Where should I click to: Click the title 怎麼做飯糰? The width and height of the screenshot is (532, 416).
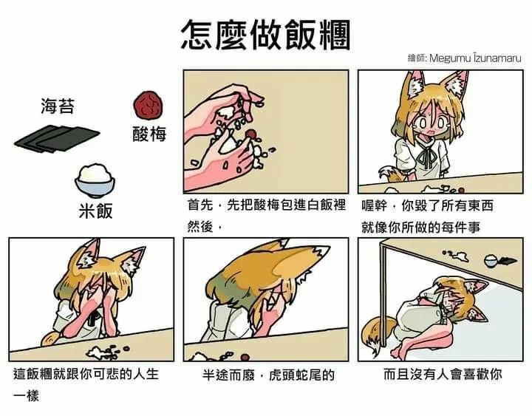click(265, 33)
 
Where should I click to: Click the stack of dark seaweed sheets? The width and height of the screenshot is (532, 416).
click(55, 137)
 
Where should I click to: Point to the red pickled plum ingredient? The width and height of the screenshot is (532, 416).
click(149, 106)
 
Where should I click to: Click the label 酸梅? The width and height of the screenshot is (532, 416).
click(149, 134)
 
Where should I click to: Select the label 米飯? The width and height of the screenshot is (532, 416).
click(96, 211)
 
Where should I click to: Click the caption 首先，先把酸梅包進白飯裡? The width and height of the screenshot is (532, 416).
click(267, 205)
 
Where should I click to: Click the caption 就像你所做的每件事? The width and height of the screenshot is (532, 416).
click(420, 226)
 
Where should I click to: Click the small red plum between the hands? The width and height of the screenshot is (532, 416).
click(252, 134)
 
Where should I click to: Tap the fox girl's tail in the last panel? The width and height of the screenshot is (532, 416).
click(377, 330)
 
